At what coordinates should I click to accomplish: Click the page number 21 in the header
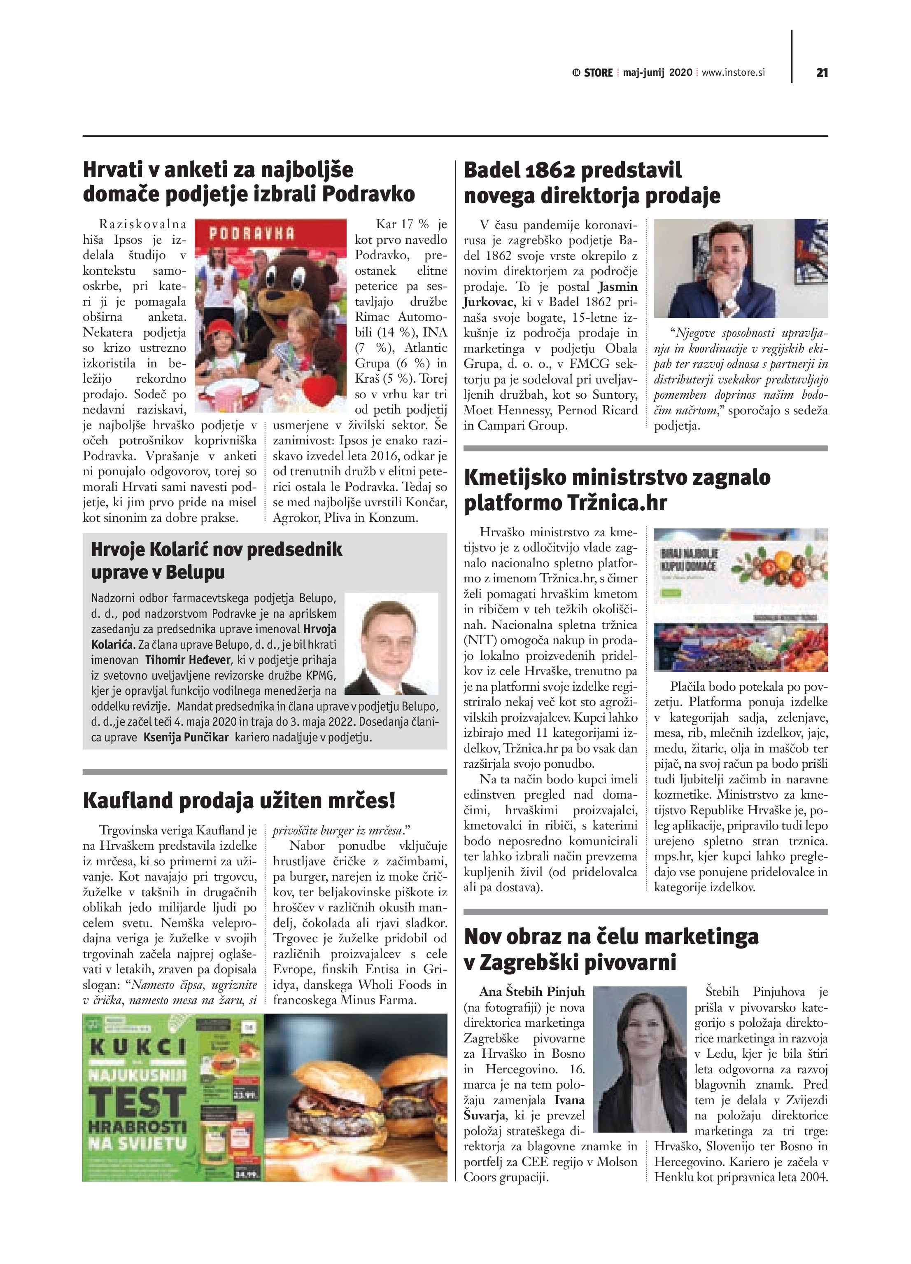[x=821, y=72]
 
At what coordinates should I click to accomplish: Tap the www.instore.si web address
[x=733, y=72]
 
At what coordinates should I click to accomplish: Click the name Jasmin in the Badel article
[x=618, y=287]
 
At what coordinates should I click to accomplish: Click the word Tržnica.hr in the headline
[x=617, y=503]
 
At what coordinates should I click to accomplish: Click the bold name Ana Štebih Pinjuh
[x=532, y=991]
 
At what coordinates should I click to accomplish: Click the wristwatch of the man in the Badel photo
[x=725, y=306]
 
